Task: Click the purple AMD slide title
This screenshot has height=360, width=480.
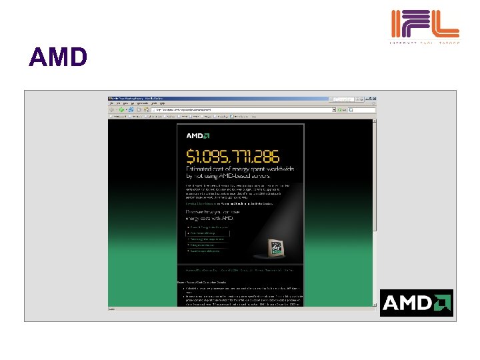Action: pos(58,58)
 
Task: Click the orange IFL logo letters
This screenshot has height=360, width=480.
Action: pos(425,24)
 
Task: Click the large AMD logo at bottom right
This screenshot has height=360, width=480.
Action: pos(417,303)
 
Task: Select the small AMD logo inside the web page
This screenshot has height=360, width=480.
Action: pos(198,136)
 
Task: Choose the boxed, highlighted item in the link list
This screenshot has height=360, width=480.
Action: pos(207,234)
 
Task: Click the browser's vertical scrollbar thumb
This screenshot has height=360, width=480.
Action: pos(375,173)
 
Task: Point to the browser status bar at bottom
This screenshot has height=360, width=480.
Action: pos(240,308)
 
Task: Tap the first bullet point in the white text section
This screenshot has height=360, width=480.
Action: pos(240,287)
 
